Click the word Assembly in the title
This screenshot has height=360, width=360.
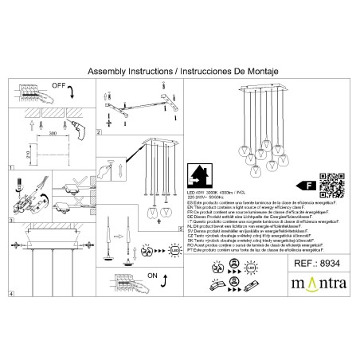[x=107, y=70]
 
